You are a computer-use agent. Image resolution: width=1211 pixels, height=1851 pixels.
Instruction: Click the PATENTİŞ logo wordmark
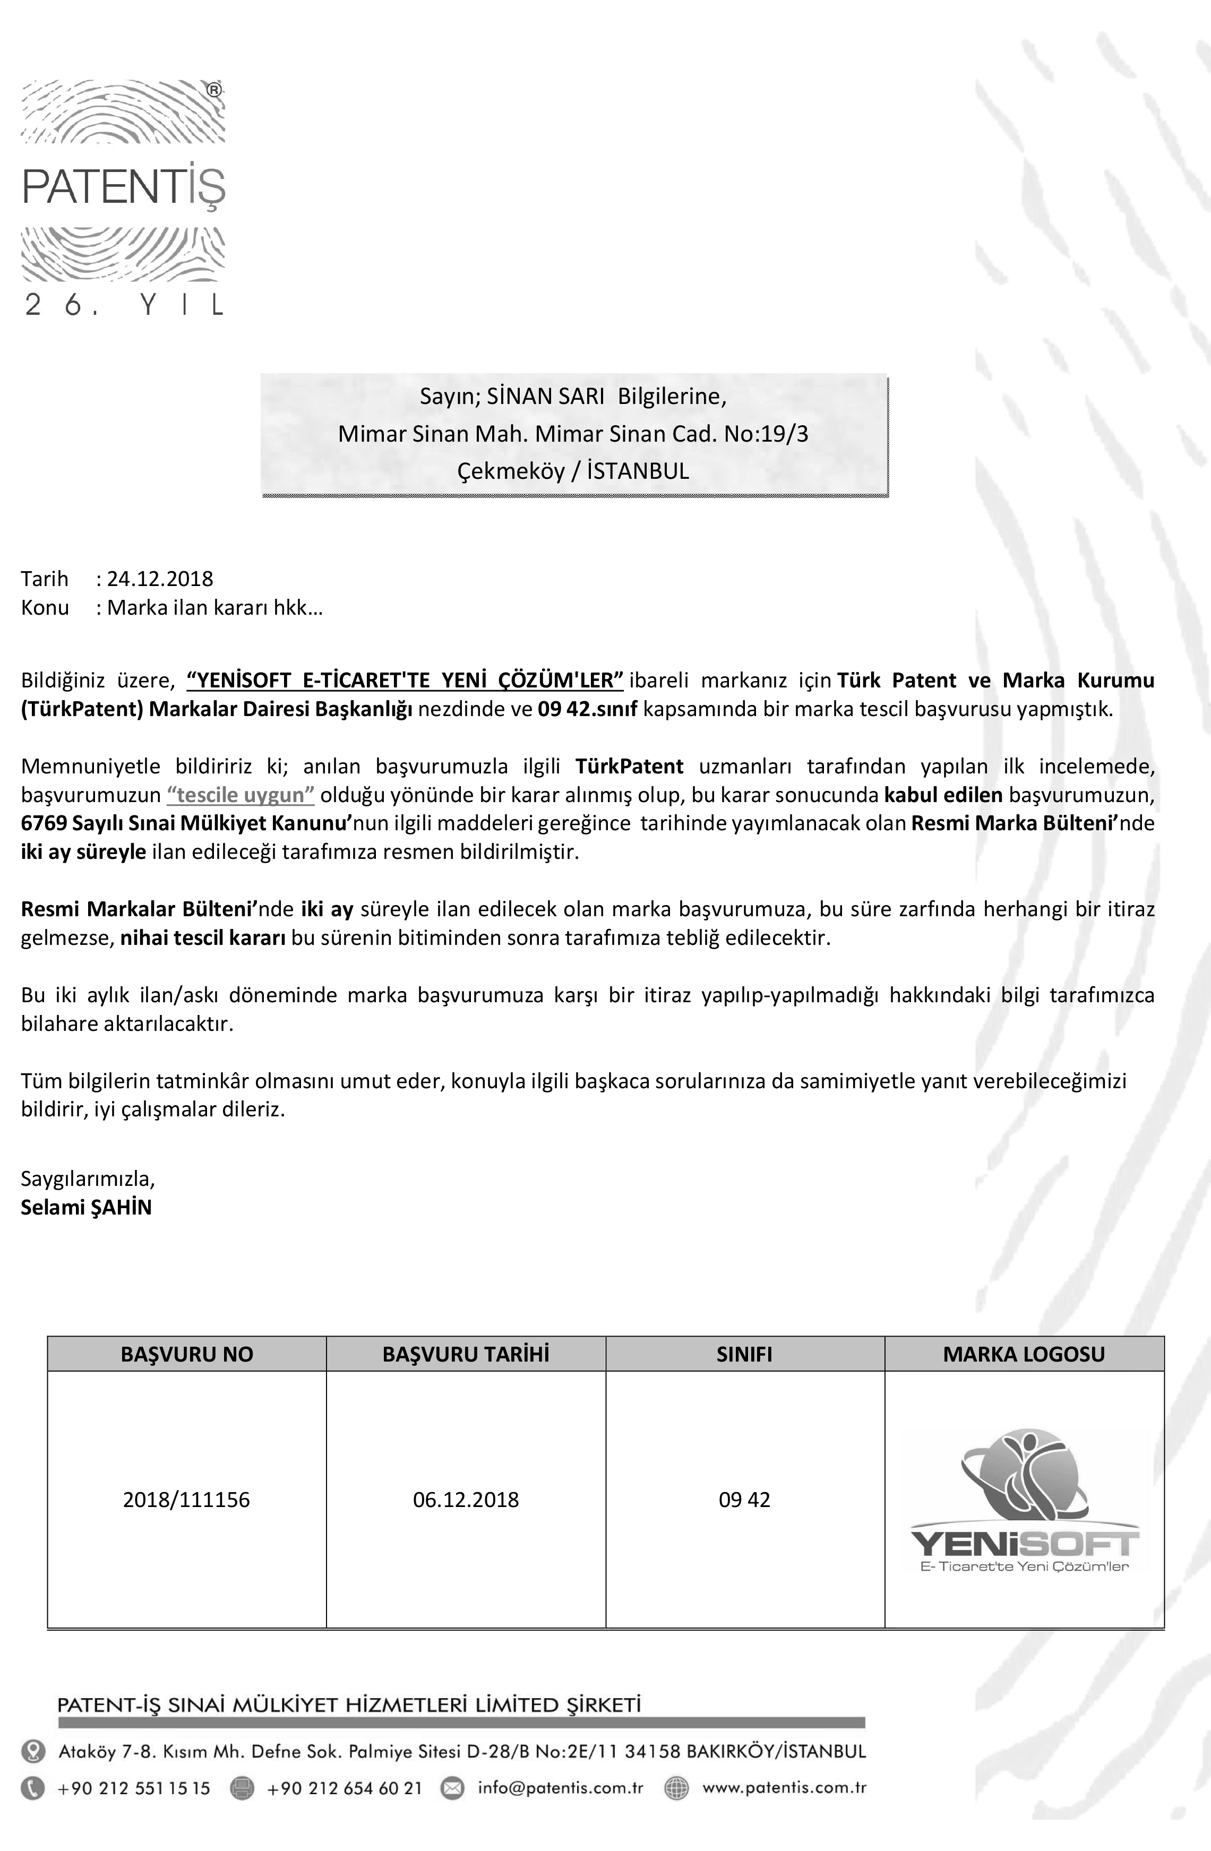(124, 187)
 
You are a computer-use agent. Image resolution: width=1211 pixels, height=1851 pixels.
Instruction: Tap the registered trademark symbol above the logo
(214, 90)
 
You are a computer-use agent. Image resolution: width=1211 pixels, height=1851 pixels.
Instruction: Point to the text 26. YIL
(124, 305)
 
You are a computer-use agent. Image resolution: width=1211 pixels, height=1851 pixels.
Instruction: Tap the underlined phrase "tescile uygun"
(241, 795)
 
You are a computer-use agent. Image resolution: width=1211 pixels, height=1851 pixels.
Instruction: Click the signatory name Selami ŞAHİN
(87, 1207)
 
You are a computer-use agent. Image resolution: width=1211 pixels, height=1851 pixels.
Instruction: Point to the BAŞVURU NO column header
(187, 1354)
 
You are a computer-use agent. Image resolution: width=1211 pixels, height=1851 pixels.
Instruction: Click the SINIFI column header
(744, 1354)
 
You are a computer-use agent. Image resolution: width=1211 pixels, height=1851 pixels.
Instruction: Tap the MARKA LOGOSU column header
(1024, 1354)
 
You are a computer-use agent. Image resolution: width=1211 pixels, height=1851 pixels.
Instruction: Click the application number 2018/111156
(187, 1500)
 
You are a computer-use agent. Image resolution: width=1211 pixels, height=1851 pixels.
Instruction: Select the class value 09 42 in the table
(744, 1500)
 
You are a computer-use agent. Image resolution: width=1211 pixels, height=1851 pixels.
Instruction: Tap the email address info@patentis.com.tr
(561, 1787)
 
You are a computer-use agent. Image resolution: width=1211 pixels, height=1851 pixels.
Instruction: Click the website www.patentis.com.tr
(784, 1787)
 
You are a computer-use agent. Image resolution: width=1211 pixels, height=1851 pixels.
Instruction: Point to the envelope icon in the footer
(452, 1788)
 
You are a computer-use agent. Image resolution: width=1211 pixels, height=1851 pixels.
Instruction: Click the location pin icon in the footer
(33, 1751)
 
